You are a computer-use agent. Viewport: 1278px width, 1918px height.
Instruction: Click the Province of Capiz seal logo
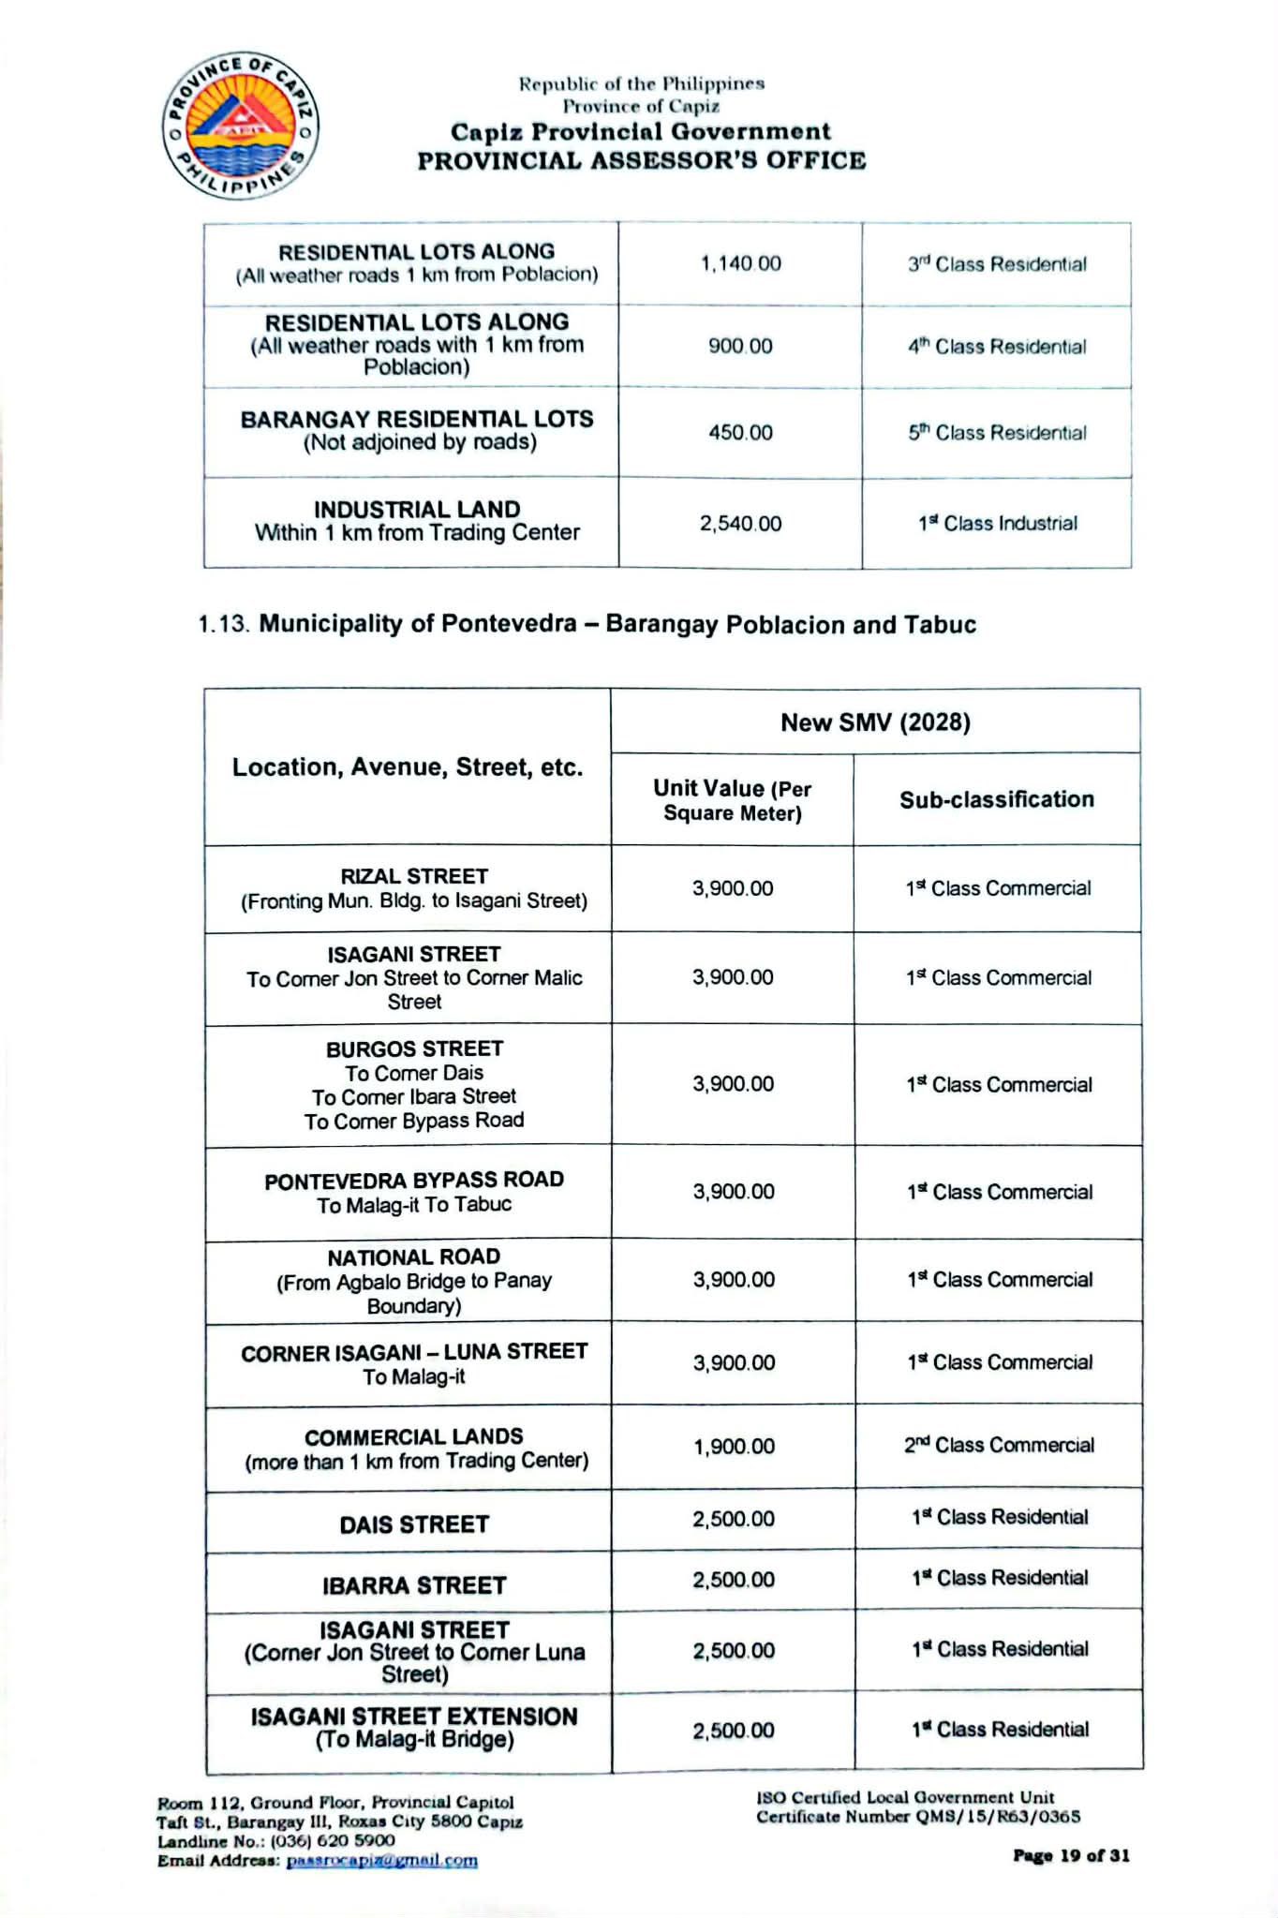pyautogui.click(x=240, y=125)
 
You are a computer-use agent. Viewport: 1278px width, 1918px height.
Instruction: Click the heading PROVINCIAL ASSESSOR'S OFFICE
pyautogui.click(x=642, y=160)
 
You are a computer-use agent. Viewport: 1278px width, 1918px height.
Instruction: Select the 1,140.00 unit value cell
pyautogui.click(x=740, y=263)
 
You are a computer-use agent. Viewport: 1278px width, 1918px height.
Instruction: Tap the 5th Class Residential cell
pyautogui.click(x=997, y=433)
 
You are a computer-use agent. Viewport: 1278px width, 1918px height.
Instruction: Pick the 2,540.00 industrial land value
pyautogui.click(x=740, y=523)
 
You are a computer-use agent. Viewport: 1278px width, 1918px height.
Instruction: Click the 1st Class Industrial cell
pyautogui.click(x=997, y=523)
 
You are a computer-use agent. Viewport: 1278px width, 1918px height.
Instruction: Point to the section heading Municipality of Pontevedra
pyautogui.click(x=587, y=624)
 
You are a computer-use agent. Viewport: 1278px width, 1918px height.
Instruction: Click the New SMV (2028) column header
pyautogui.click(x=875, y=721)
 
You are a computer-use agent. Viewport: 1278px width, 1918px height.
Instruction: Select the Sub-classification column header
pyautogui.click(x=997, y=799)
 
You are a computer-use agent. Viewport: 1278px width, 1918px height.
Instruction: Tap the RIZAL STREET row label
pyautogui.click(x=414, y=876)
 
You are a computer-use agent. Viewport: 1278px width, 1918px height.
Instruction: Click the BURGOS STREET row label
pyautogui.click(x=414, y=1048)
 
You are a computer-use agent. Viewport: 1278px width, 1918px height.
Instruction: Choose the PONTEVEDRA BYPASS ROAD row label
pyautogui.click(x=414, y=1180)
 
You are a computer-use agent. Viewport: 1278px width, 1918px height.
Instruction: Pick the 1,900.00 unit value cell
pyautogui.click(x=734, y=1447)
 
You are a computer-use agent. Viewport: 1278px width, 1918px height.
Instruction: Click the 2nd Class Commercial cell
pyautogui.click(x=999, y=1445)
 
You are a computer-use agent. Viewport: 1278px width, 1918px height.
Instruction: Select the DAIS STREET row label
pyautogui.click(x=414, y=1524)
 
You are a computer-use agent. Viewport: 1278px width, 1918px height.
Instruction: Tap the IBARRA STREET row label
pyautogui.click(x=414, y=1585)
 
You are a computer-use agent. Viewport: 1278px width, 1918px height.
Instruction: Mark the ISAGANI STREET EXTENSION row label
pyautogui.click(x=414, y=1717)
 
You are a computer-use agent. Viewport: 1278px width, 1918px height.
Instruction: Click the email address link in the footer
pyautogui.click(x=381, y=1861)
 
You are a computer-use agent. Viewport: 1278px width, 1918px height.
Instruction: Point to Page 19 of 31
pyautogui.click(x=1071, y=1855)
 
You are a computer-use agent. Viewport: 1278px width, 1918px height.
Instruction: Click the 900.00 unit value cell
pyautogui.click(x=740, y=346)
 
